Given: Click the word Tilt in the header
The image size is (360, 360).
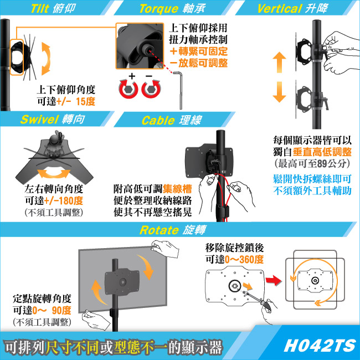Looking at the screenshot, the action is (40, 9).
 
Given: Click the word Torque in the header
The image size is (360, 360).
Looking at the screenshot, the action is (158, 9).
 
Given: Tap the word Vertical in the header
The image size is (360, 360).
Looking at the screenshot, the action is (279, 9).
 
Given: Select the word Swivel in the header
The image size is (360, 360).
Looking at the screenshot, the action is (39, 120).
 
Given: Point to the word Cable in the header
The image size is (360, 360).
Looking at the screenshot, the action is (158, 120).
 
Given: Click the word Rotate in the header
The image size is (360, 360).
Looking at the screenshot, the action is (159, 230).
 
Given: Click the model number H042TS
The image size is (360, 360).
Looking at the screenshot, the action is (320, 346).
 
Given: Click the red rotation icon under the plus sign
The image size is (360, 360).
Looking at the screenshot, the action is (128, 89).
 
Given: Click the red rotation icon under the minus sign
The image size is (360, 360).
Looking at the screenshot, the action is (151, 89).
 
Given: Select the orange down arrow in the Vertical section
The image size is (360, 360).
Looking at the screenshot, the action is (279, 92).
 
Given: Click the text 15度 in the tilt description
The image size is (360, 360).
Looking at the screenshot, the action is (85, 101).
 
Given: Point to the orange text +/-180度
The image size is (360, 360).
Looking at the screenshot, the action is (63, 200).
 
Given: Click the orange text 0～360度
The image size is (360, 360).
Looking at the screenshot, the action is (244, 259).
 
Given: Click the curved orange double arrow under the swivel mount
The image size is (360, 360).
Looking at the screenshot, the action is (54, 173).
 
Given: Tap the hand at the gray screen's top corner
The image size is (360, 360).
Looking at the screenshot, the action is (165, 249).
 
